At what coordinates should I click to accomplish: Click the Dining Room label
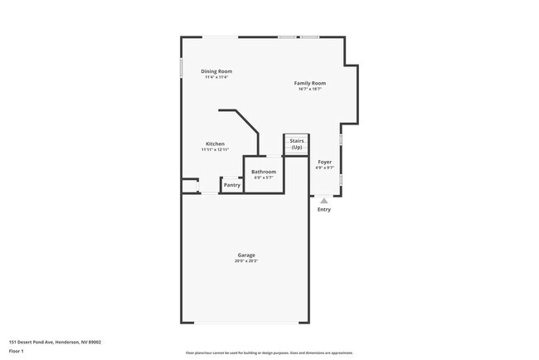coord(216,71)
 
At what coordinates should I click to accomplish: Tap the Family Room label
coord(309,83)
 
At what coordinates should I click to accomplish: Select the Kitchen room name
coord(215,144)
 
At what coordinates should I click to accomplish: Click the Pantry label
coord(232,185)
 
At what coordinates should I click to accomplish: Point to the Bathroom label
coord(264,172)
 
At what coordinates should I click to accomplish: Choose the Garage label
coord(245,255)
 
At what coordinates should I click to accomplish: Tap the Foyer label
coord(324,162)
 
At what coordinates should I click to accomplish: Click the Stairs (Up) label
coord(296,144)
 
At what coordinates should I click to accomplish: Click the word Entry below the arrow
coord(324,209)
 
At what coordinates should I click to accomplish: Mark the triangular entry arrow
coord(324,200)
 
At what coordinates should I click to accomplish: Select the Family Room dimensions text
coord(309,89)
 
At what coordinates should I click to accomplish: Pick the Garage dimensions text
coord(245,260)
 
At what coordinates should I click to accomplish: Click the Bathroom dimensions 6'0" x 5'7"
coord(264,178)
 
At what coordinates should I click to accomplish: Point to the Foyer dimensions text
coord(324,168)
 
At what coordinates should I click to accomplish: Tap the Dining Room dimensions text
coord(216,77)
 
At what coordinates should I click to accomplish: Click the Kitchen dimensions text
coord(215,149)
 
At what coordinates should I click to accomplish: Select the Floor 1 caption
coord(17,351)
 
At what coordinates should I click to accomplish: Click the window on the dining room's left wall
coord(182,67)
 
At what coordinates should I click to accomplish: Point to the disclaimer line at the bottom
coord(269,353)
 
